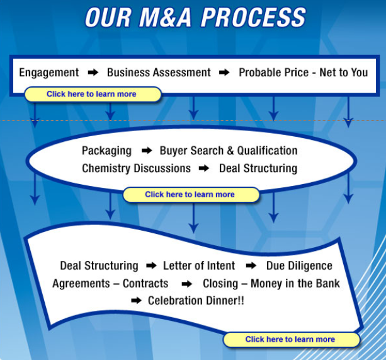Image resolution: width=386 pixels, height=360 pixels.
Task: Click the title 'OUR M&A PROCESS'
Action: point(195,17)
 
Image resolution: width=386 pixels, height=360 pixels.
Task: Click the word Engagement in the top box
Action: point(49,73)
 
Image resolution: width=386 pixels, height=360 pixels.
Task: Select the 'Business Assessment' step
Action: point(159,73)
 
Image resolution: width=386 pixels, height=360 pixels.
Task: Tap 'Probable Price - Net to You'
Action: point(304,73)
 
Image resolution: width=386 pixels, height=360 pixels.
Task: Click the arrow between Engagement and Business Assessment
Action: point(93,73)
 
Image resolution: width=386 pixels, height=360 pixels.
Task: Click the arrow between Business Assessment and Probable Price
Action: point(224,73)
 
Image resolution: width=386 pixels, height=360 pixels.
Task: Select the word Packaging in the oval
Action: point(106,151)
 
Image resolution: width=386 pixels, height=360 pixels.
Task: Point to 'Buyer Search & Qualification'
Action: point(229,151)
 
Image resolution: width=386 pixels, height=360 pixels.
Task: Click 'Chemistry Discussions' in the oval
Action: point(137,168)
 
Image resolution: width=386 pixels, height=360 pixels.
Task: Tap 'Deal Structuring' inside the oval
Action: point(258,168)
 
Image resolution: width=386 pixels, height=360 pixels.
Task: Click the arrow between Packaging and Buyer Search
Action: point(147,150)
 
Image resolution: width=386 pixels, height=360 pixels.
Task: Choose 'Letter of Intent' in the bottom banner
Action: point(199,265)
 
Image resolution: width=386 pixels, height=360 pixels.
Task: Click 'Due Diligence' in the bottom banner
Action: point(299,265)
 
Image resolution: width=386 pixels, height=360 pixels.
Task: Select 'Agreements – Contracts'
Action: point(110,284)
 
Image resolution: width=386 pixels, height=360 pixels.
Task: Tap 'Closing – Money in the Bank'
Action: point(271,283)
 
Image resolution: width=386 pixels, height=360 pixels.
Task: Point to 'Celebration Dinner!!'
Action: point(196,301)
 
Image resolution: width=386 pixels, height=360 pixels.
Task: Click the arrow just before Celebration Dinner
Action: point(136,301)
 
